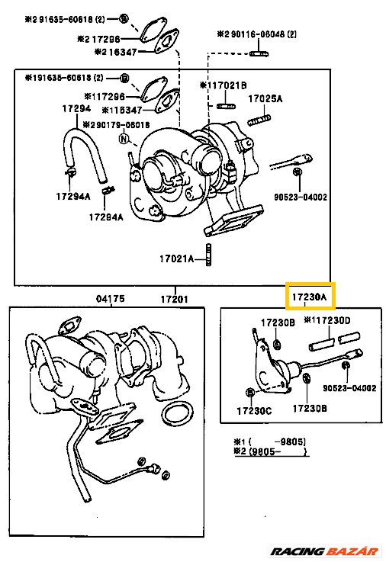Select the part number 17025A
tap(265, 99)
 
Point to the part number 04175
tap(108, 297)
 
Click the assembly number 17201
tap(175, 297)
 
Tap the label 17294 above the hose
tap(75, 110)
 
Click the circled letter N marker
tap(122, 139)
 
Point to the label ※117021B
tap(223, 85)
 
